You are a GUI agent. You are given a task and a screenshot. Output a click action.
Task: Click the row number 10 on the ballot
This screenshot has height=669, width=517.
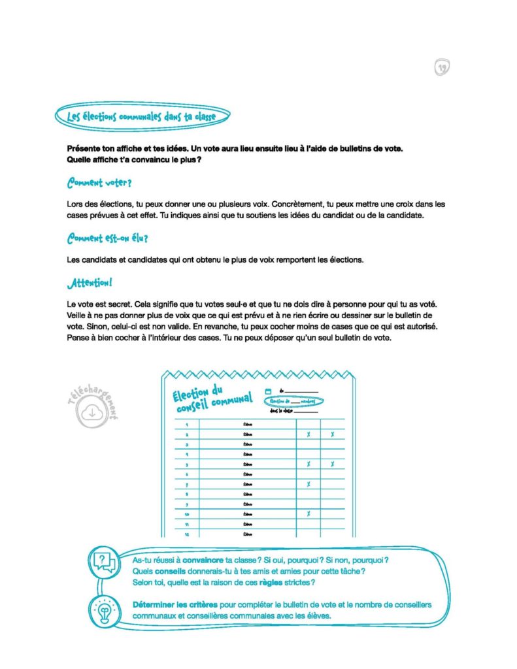pyautogui.click(x=187, y=514)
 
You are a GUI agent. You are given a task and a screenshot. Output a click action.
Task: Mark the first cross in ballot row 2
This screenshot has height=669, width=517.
pyautogui.click(x=308, y=434)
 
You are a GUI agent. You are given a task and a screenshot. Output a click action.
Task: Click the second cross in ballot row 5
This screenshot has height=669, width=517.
pyautogui.click(x=332, y=464)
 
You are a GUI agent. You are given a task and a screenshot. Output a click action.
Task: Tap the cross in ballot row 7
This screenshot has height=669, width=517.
pyautogui.click(x=308, y=484)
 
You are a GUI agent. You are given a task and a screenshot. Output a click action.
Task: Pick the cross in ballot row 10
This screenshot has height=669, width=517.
pyautogui.click(x=308, y=514)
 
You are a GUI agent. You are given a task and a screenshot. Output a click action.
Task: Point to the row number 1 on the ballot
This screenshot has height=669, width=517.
pyautogui.click(x=187, y=424)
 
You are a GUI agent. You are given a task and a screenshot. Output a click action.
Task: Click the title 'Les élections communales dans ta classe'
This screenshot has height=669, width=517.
pyautogui.click(x=141, y=117)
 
